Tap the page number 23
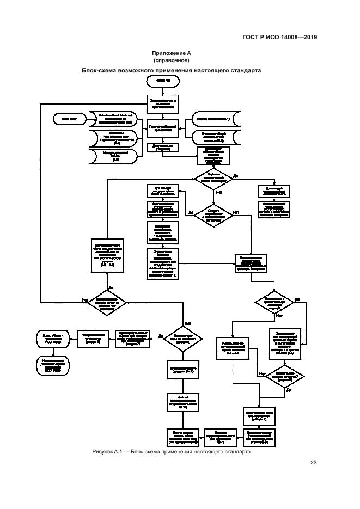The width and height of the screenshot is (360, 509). point(313,463)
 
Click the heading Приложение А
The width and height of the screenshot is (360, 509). point(172,53)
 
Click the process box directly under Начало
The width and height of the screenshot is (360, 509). point(162,102)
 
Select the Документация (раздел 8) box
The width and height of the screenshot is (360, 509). point(162,147)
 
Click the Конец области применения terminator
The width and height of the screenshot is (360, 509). point(53,339)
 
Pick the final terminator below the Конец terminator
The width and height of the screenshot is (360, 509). point(53,363)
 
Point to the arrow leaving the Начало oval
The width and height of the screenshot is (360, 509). point(162,89)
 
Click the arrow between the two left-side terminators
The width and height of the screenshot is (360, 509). point(53,351)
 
